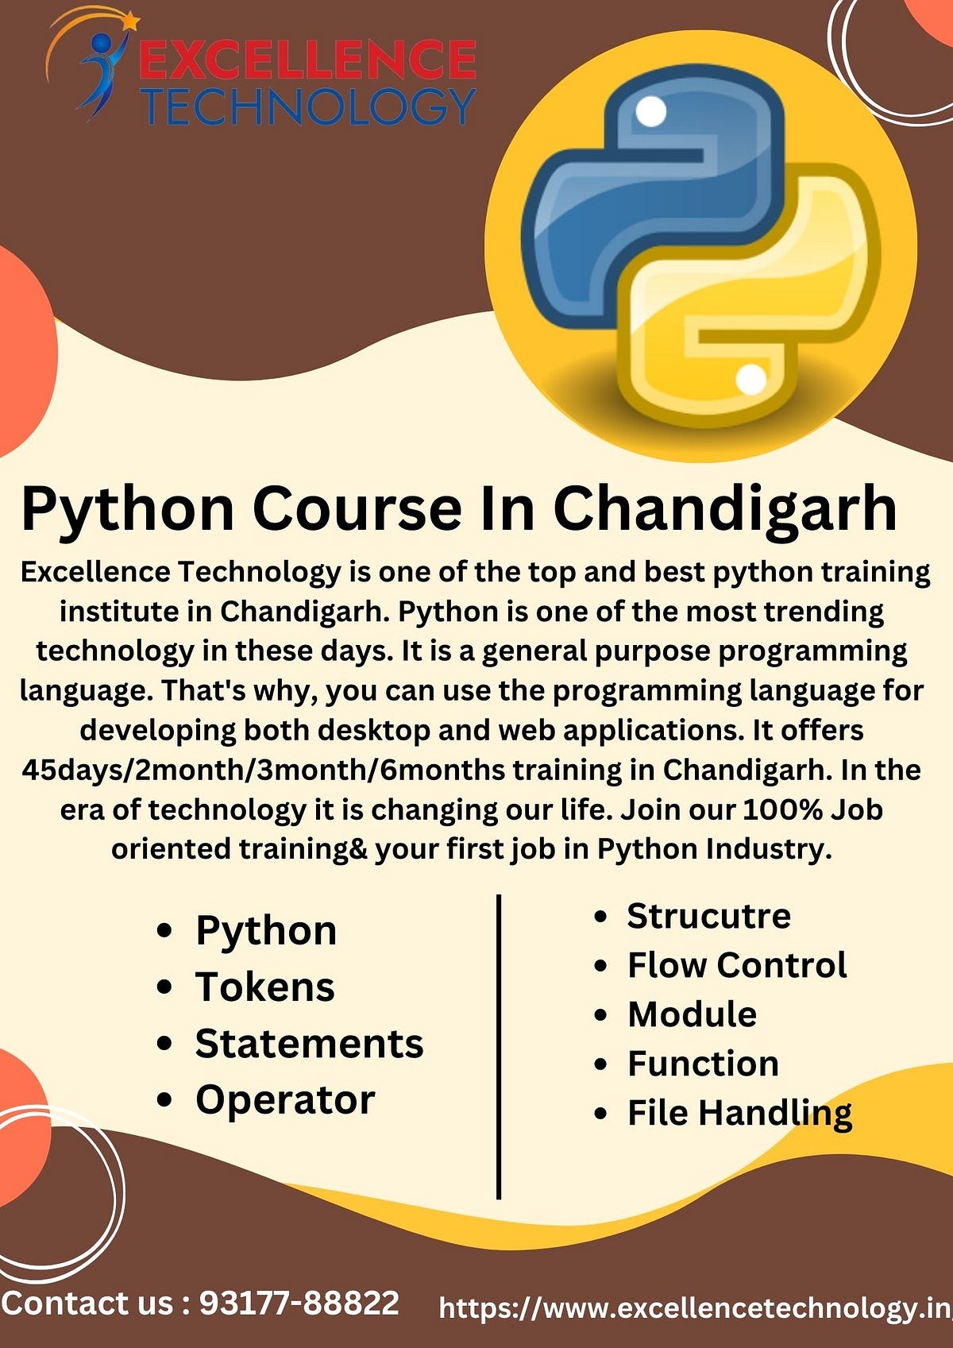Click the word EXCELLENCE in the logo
307,60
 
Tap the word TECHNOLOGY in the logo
307,106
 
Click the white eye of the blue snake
651,111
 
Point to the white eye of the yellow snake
750,380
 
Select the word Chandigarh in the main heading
724,508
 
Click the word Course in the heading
357,508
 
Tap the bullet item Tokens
265,987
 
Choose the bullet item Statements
309,1044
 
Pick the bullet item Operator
285,1100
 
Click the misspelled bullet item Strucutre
708,916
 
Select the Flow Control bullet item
737,965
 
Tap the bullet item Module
692,1014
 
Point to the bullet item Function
703,1064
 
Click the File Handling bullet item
739,1113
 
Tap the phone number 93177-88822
299,1303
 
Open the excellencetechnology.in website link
695,1307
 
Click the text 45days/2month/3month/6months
263,770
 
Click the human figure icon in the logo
102,71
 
